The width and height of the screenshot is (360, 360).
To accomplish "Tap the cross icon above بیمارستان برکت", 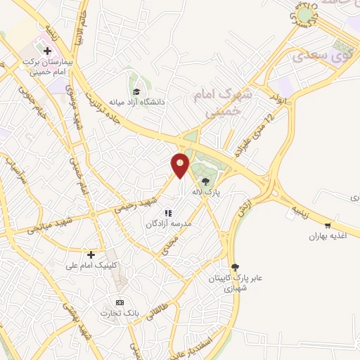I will (x=47, y=51).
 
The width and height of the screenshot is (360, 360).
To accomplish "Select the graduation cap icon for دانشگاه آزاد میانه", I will (x=137, y=91).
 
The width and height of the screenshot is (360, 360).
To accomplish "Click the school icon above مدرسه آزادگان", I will (x=168, y=212).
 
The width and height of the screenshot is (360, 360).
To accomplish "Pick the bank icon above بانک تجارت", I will (x=119, y=301).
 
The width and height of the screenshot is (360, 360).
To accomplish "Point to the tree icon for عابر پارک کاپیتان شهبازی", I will (x=235, y=266).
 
